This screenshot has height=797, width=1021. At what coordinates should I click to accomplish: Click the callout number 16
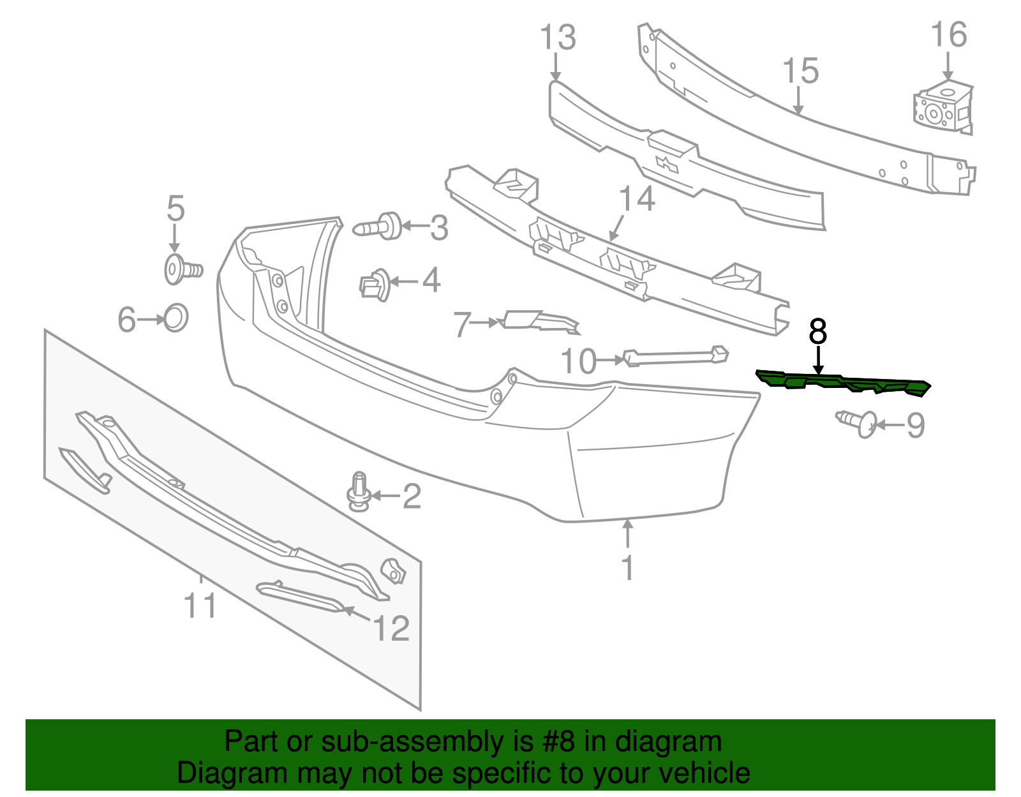949,35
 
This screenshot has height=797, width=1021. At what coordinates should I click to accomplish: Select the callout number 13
558,38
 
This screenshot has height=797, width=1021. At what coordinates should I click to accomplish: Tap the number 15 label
800,71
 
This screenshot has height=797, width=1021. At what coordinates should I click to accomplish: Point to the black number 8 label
817,332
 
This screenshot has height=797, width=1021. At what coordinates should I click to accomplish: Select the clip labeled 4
375,285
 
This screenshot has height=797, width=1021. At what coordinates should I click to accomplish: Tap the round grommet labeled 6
175,318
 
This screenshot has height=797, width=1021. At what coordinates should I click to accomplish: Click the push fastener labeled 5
181,269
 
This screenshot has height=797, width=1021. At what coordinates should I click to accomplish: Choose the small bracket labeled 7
541,322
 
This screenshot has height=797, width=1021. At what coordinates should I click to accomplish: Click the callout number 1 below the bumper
628,567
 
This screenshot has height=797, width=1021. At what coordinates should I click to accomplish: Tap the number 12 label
391,629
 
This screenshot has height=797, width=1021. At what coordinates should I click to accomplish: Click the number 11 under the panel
200,605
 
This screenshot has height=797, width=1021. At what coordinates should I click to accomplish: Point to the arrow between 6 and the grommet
152,319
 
